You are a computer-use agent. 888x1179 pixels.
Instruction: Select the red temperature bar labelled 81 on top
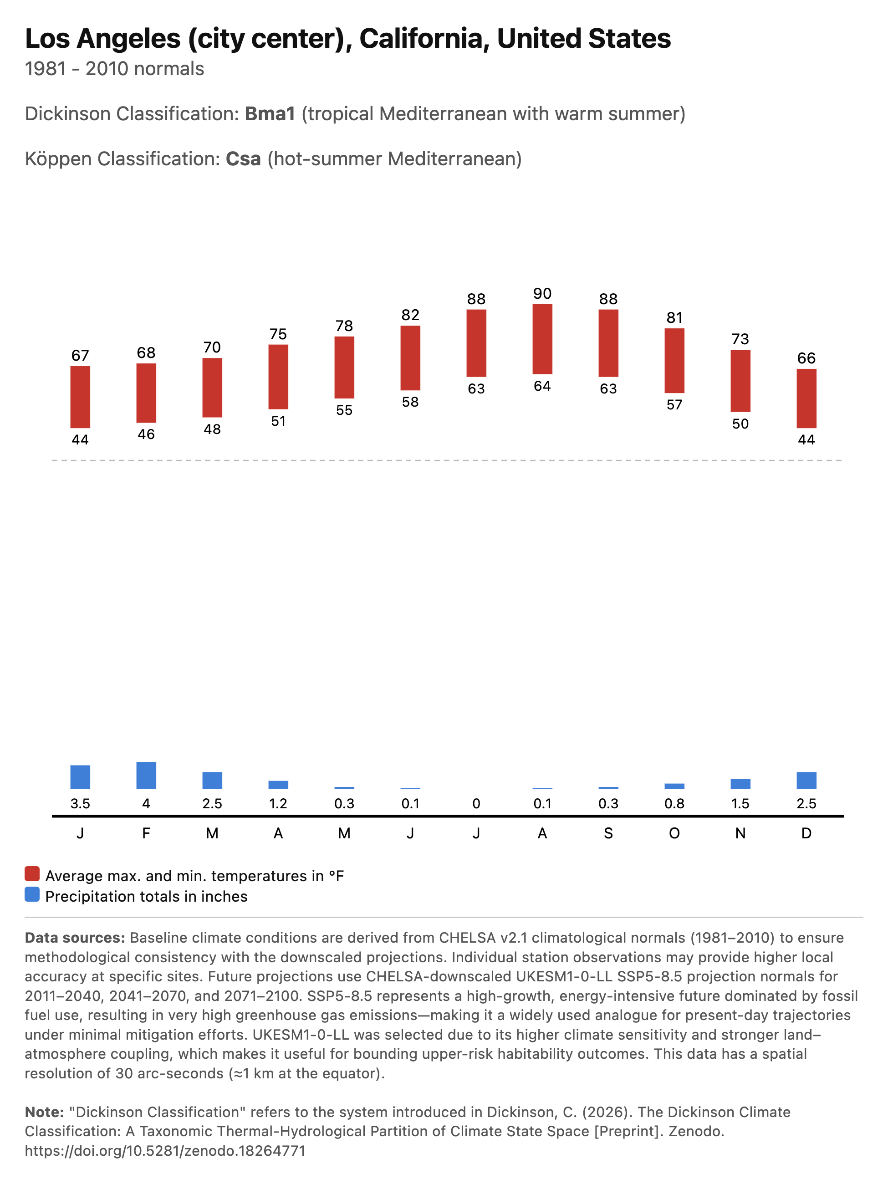pyautogui.click(x=674, y=360)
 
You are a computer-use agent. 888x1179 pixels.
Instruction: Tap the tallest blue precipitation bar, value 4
pyautogui.click(x=146, y=775)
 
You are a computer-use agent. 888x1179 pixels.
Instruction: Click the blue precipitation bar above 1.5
pyautogui.click(x=740, y=784)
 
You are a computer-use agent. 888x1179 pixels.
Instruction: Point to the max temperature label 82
pyautogui.click(x=410, y=315)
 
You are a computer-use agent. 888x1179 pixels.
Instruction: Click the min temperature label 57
pyautogui.click(x=674, y=405)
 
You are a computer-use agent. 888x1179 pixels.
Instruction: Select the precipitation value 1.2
pyautogui.click(x=278, y=804)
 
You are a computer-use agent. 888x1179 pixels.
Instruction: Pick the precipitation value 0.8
pyautogui.click(x=674, y=804)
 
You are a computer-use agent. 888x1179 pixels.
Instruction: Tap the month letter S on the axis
pyautogui.click(x=608, y=834)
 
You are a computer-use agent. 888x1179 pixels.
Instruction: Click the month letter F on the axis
pyautogui.click(x=146, y=834)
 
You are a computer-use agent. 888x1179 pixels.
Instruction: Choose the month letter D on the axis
pyautogui.click(x=806, y=834)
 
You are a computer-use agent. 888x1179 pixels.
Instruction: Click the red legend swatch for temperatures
pyautogui.click(x=32, y=873)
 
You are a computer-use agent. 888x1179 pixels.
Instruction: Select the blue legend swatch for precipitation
pyautogui.click(x=32, y=894)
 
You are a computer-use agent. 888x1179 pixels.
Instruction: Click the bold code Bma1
pyautogui.click(x=270, y=114)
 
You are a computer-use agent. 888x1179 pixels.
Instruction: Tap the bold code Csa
pyautogui.click(x=244, y=159)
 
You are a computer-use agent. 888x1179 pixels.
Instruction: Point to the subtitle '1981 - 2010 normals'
pyautogui.click(x=115, y=69)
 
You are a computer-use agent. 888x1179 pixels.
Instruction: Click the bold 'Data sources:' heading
pyautogui.click(x=75, y=938)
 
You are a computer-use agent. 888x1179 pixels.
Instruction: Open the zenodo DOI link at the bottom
pyautogui.click(x=165, y=1151)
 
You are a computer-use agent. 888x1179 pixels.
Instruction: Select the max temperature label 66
pyautogui.click(x=806, y=358)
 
